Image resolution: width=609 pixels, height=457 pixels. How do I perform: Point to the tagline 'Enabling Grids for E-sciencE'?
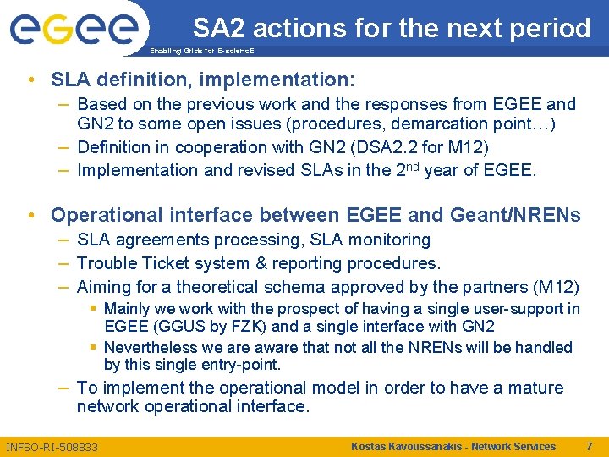[x=201, y=52]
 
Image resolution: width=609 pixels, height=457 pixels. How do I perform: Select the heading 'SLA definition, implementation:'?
[x=203, y=80]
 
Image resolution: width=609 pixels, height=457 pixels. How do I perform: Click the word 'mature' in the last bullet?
[x=535, y=388]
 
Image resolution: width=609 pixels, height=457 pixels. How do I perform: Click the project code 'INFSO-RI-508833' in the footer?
[x=52, y=447]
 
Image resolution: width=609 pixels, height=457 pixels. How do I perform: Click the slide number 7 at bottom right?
[x=589, y=446]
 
